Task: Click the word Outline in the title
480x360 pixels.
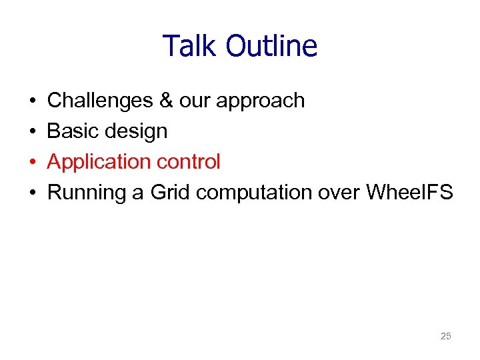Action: coord(271,47)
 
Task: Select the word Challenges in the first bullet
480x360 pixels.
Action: coord(100,101)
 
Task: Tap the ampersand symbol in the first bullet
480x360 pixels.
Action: coord(165,101)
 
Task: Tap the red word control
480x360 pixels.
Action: coord(189,162)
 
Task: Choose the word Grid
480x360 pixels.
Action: coord(171,193)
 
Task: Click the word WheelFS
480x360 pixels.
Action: coord(409,193)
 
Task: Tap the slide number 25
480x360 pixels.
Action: coord(446,336)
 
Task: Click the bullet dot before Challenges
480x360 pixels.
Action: coord(33,101)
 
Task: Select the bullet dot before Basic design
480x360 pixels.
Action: coord(33,132)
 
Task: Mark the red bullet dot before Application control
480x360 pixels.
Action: coord(33,163)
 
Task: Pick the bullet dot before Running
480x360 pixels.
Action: coord(33,193)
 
